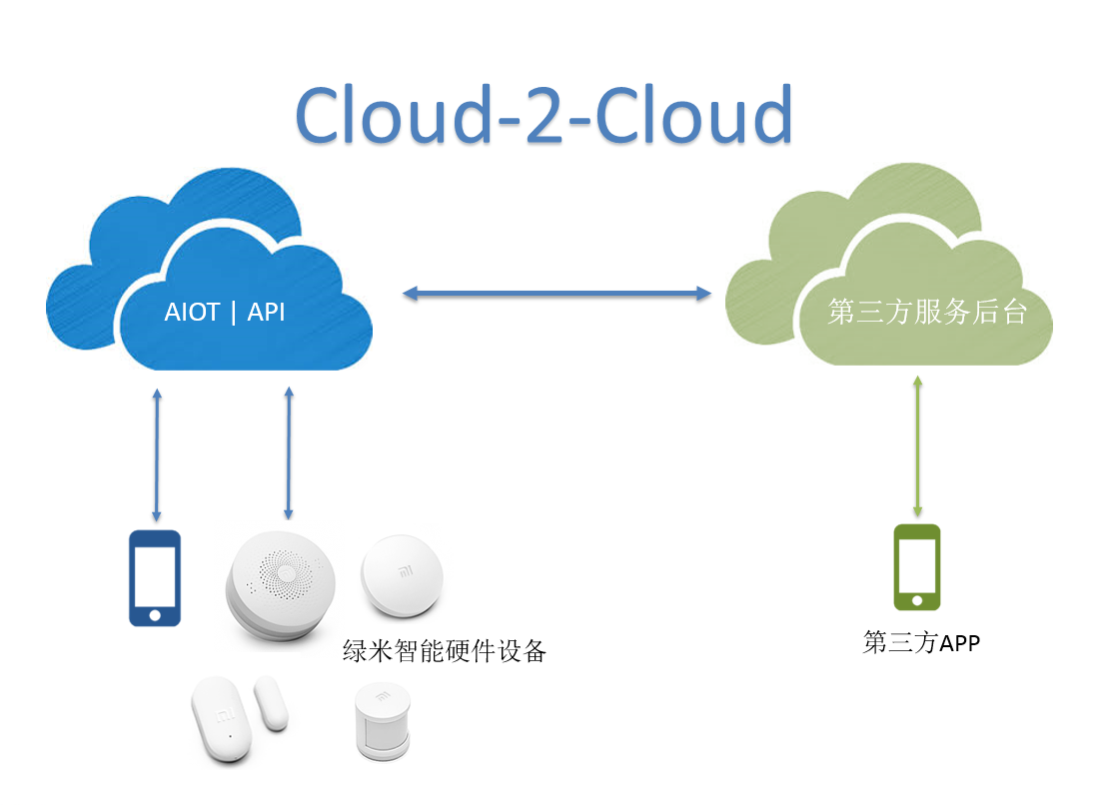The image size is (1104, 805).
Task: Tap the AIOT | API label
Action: pos(225,313)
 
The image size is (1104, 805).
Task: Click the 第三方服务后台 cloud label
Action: pos(927,313)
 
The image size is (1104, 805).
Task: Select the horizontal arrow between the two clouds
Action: pos(555,294)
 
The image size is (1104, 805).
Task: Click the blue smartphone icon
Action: pos(155,578)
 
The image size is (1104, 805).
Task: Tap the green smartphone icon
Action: pos(916,567)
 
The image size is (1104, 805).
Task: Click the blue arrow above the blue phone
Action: pos(155,453)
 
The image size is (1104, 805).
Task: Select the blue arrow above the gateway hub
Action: pos(289,453)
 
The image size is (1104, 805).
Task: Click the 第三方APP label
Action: pos(921,642)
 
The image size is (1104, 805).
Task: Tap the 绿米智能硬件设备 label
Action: pos(445,652)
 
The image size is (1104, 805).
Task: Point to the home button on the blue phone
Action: pos(155,615)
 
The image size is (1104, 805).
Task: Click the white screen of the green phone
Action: pos(916,564)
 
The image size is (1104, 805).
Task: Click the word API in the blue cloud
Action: pos(266,313)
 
